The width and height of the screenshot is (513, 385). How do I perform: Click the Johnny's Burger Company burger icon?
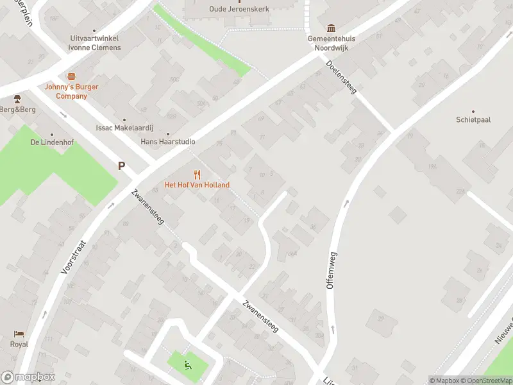click(x=71, y=76)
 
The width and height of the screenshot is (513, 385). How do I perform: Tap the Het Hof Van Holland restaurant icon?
click(x=197, y=174)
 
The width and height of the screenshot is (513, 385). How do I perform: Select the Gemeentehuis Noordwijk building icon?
click(x=331, y=28)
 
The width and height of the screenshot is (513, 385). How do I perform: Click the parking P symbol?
click(x=121, y=166)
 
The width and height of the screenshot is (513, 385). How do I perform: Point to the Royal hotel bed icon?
click(x=19, y=334)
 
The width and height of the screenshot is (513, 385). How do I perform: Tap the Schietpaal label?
click(x=473, y=119)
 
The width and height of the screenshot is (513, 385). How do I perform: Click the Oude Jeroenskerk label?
click(x=239, y=9)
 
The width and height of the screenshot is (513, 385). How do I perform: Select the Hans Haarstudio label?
click(x=168, y=141)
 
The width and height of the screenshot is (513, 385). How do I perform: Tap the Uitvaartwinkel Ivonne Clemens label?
click(x=95, y=43)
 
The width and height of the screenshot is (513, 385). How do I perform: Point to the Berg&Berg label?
click(x=18, y=110)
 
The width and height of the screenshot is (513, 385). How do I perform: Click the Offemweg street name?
click(x=332, y=270)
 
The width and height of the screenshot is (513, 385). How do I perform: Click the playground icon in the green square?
click(x=188, y=366)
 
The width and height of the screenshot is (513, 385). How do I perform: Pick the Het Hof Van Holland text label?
click(x=197, y=185)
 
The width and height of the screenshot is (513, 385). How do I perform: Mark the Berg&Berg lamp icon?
click(x=18, y=99)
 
